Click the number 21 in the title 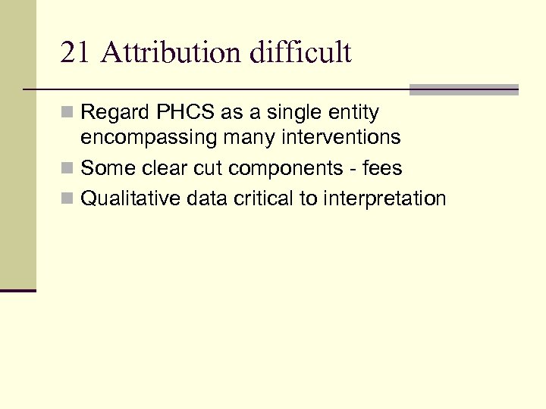pyautogui.click(x=74, y=53)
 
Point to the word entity pyautogui.click(x=354, y=113)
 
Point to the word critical pyautogui.click(x=265, y=198)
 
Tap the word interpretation pyautogui.click(x=384, y=198)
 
